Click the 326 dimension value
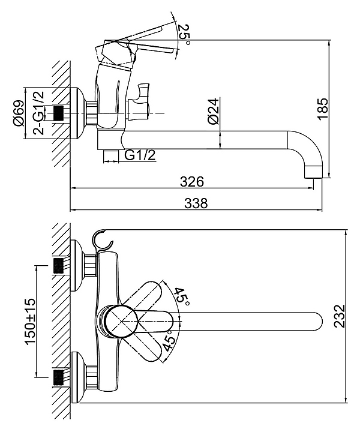pos(192,182)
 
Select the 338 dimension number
pos(196,203)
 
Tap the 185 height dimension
pos(323,109)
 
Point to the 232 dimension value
pos(340,316)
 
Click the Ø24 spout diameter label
pos(214,111)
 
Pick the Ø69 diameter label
pos(19,113)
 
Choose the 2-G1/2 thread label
pos(38,112)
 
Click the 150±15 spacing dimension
pos(30,321)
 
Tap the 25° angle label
pos(184,34)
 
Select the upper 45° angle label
pos(182,297)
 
